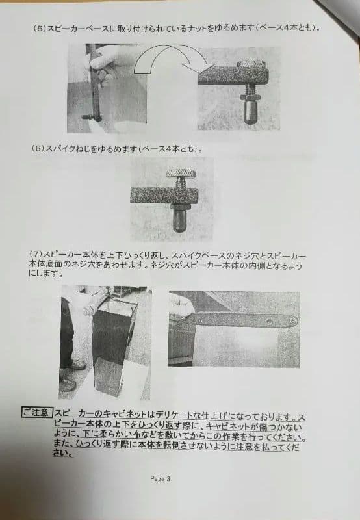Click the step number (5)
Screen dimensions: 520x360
pos(38,29)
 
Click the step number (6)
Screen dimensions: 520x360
pos(37,148)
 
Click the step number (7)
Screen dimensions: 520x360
pos(37,252)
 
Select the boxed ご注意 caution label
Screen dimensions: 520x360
pos(35,412)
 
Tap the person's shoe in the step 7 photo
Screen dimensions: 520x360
pos(68,385)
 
